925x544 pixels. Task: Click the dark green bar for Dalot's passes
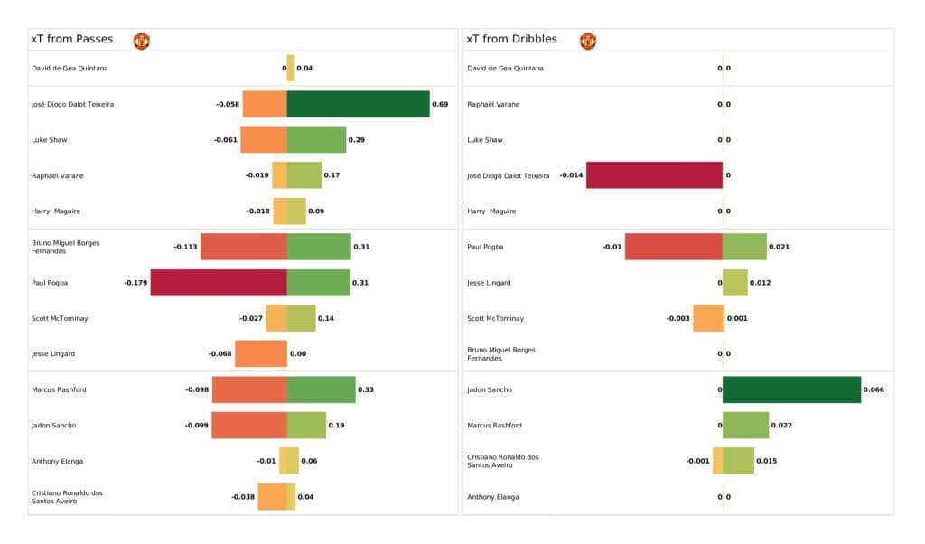click(x=358, y=104)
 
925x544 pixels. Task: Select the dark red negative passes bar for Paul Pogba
click(x=219, y=283)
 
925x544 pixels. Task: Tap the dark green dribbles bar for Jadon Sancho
click(x=791, y=389)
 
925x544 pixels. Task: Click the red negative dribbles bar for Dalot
click(x=654, y=175)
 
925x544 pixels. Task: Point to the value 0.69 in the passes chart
click(x=440, y=104)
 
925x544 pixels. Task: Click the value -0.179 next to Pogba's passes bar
click(x=135, y=283)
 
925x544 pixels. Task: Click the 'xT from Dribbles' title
click(x=511, y=40)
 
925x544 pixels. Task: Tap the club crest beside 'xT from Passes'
click(x=142, y=41)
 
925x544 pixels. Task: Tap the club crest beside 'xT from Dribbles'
click(x=588, y=41)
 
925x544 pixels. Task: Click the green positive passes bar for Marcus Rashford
click(x=321, y=389)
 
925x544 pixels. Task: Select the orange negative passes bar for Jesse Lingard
click(x=260, y=354)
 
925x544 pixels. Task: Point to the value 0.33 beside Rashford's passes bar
click(x=366, y=389)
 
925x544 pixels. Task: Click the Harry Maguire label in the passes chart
click(x=56, y=211)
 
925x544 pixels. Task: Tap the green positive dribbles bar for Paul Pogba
click(x=744, y=247)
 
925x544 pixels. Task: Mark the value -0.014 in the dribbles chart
click(x=571, y=175)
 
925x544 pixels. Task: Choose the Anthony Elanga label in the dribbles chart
click(x=493, y=497)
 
